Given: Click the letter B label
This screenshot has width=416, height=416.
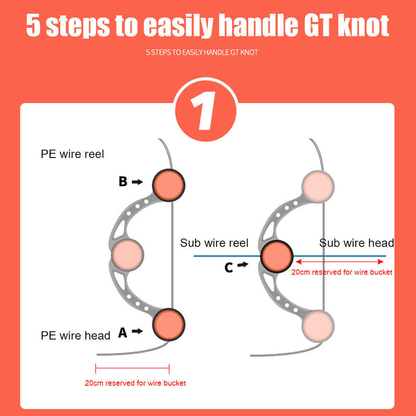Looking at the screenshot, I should click(123, 181).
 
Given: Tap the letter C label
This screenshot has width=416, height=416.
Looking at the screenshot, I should click(229, 267).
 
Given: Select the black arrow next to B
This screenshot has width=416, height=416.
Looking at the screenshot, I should click(138, 181).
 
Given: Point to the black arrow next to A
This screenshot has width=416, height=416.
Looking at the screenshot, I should click(138, 331).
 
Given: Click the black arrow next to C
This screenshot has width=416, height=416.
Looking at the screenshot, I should click(243, 265).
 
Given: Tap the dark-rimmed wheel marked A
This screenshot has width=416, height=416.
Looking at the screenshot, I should click(168, 324).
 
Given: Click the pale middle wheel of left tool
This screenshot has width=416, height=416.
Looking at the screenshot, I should click(127, 255).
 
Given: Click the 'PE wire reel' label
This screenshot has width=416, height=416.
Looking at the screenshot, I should click(72, 154).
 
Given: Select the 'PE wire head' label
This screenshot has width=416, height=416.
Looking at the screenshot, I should click(75, 335).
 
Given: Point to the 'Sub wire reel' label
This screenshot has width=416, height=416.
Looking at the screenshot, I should click(214, 243).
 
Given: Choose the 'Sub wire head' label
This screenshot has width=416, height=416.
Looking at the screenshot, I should click(356, 243).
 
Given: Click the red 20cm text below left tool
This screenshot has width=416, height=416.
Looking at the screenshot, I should click(135, 383).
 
